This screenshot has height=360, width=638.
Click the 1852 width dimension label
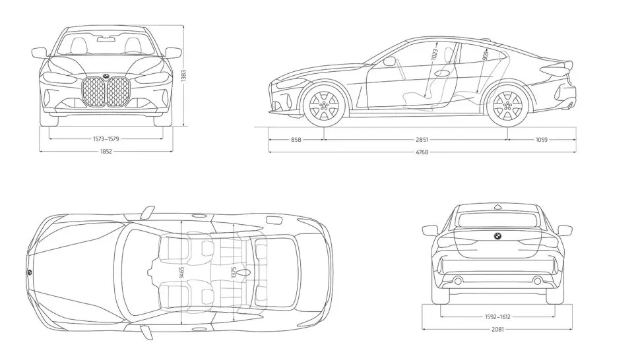(106, 152)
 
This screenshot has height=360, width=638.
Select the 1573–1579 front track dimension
(106, 139)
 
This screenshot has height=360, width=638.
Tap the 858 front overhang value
(296, 140)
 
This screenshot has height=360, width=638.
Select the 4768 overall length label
(422, 152)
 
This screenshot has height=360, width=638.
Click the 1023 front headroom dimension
(435, 54)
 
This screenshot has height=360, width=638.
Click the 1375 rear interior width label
(234, 272)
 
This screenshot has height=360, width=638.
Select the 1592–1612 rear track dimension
(497, 316)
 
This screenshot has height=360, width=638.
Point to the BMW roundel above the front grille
(106, 76)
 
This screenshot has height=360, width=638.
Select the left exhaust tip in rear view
(457, 282)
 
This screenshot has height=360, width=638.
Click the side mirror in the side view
(389, 61)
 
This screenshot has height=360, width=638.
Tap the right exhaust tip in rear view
(538, 282)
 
